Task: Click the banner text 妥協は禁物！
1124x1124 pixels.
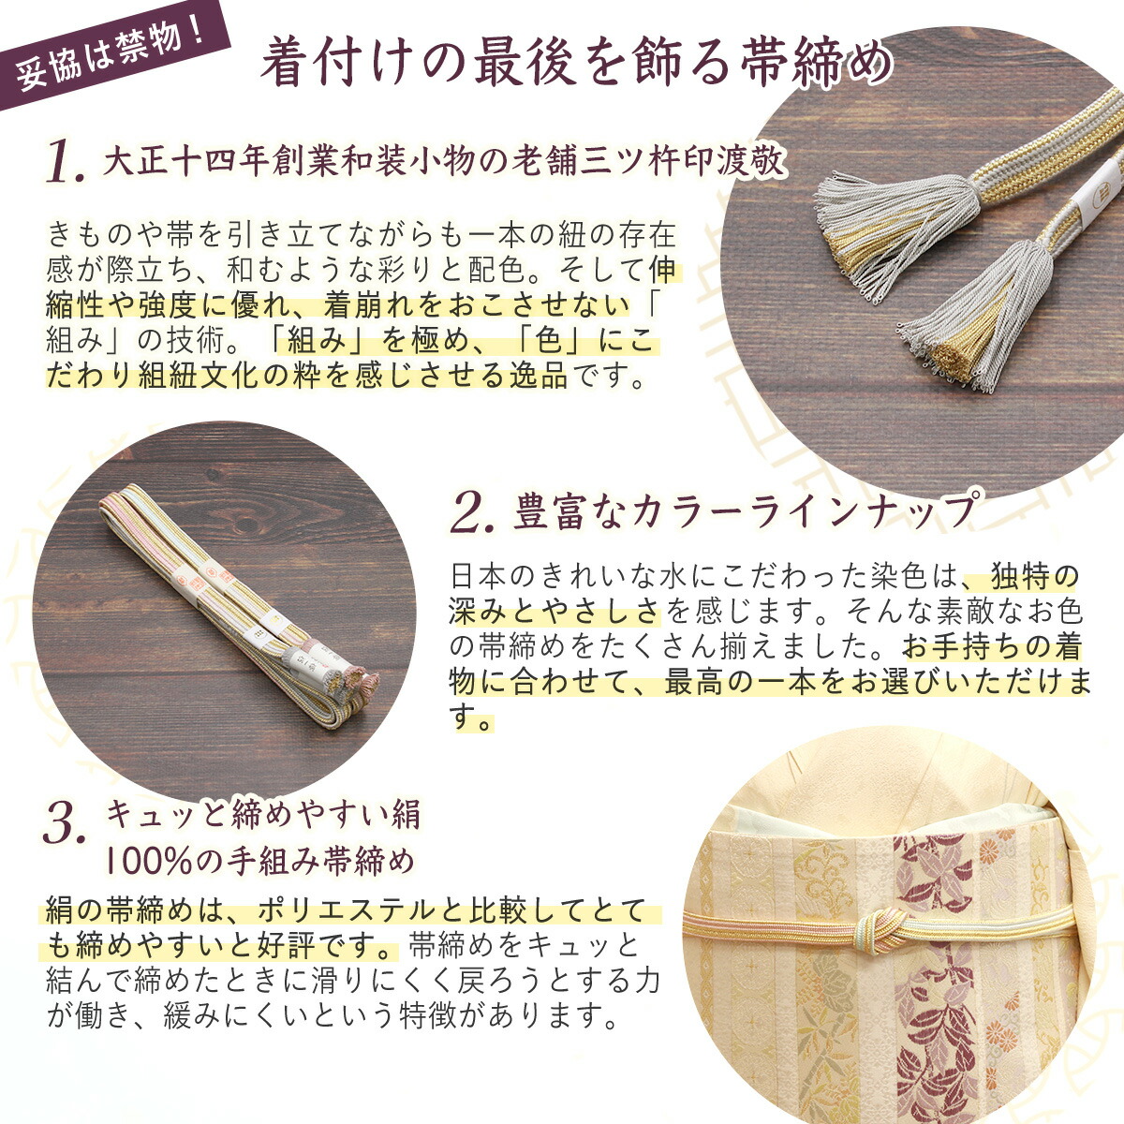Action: [111, 51]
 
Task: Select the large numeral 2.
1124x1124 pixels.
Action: [472, 513]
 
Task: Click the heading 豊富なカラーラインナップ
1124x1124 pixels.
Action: [746, 511]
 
